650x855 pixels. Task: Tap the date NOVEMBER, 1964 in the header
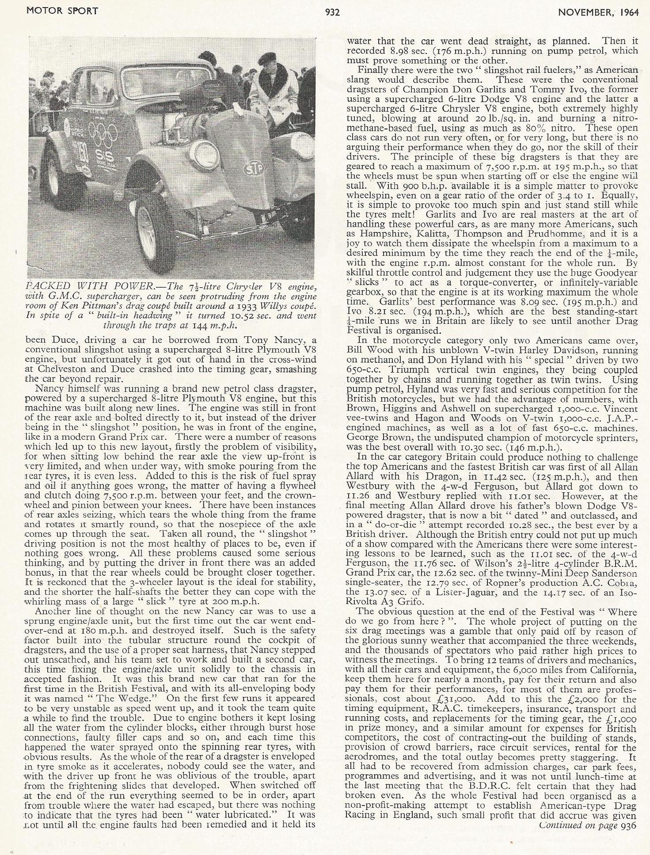coord(598,12)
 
